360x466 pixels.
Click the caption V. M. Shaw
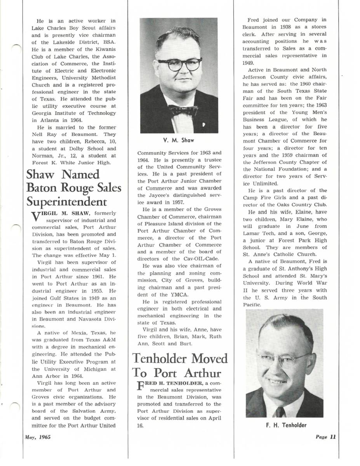pos(179,140)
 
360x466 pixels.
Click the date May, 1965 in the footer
pos(38,436)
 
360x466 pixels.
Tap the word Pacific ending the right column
pos(252,305)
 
